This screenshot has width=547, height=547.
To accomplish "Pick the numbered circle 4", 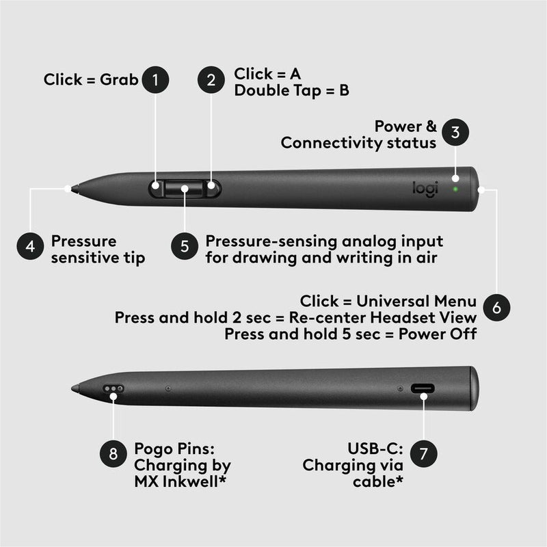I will [x=30, y=247].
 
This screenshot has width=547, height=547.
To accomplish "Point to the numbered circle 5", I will [x=185, y=247].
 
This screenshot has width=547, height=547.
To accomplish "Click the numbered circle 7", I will [x=424, y=453].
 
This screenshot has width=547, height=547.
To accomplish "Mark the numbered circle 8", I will [x=114, y=453].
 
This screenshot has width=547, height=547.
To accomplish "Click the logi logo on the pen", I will [x=424, y=188].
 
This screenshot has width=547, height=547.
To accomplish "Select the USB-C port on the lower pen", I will [x=422, y=389].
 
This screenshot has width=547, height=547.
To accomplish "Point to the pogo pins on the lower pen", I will [x=114, y=388].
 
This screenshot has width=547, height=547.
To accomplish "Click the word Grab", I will [x=120, y=80].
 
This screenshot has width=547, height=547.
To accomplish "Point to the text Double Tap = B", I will [x=291, y=90].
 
